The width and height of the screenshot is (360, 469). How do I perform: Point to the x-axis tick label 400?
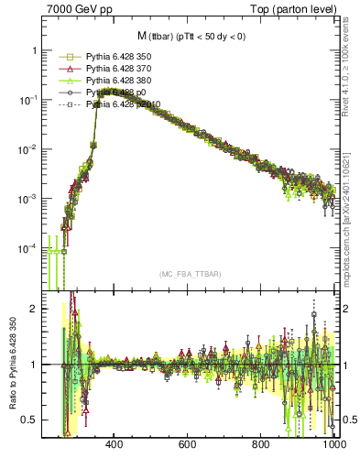(115, 446)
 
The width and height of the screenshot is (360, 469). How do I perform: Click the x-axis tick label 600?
(188, 446)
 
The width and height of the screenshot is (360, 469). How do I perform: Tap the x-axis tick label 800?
(261, 446)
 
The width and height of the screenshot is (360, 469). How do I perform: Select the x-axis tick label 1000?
(333, 446)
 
